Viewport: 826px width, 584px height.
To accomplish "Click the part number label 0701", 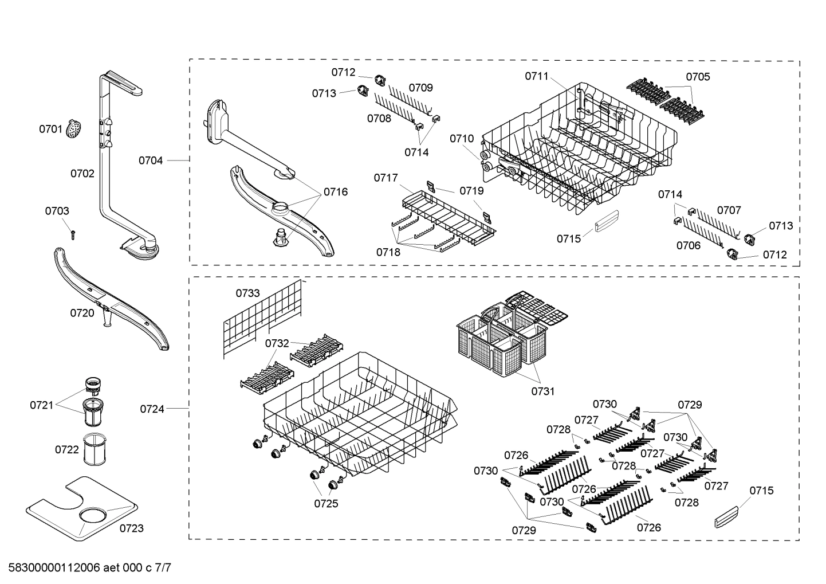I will click(50, 129).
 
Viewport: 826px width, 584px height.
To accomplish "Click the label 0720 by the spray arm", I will click(82, 313).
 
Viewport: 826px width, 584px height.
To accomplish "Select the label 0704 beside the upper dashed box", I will click(151, 160).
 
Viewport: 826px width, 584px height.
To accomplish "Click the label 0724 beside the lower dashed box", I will click(152, 409).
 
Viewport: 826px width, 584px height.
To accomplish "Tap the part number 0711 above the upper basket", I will click(537, 76).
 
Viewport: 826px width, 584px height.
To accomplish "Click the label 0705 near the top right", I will click(698, 77).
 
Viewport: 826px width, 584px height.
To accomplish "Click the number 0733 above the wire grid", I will click(247, 293).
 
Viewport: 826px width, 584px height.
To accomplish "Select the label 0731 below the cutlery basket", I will click(542, 391).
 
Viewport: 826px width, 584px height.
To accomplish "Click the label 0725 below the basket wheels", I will click(326, 504).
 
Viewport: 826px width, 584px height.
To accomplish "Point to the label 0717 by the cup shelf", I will click(386, 178).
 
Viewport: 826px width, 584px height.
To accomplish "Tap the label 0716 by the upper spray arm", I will click(336, 192).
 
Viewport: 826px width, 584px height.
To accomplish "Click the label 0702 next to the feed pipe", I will click(82, 173).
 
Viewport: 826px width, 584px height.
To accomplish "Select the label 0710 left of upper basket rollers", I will click(462, 138).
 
